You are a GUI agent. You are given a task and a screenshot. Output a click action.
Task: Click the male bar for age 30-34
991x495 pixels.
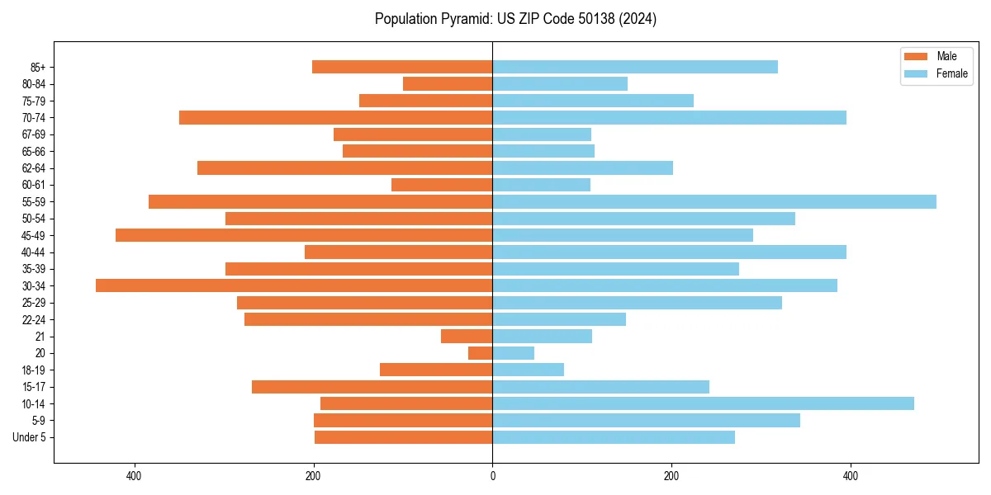pyautogui.click(x=294, y=285)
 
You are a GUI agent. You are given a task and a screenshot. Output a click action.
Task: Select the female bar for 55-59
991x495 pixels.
pyautogui.click(x=714, y=201)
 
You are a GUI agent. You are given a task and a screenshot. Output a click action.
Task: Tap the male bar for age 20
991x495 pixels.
pyautogui.click(x=481, y=353)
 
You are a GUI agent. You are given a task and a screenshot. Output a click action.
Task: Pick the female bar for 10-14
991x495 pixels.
pyautogui.click(x=703, y=403)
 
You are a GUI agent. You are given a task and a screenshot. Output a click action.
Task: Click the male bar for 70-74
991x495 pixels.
pyautogui.click(x=335, y=117)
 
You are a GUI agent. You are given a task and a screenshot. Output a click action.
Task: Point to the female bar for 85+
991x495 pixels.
pyautogui.click(x=635, y=67)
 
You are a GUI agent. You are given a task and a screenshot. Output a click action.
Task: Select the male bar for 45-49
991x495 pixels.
pyautogui.click(x=304, y=235)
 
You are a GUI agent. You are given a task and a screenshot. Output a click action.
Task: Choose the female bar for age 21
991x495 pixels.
pyautogui.click(x=542, y=336)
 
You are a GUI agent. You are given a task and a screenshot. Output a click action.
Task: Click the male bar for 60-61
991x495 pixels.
pyautogui.click(x=442, y=185)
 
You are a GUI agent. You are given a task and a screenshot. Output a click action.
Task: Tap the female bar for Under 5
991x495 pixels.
pyautogui.click(x=614, y=437)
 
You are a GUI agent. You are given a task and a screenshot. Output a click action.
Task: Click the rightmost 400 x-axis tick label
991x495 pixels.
pyautogui.click(x=850, y=476)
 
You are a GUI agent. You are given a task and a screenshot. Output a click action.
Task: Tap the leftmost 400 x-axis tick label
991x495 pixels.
pyautogui.click(x=135, y=476)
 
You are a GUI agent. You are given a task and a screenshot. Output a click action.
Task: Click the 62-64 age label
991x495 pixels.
pyautogui.click(x=34, y=168)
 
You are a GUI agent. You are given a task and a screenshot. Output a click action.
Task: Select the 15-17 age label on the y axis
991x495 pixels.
pyautogui.click(x=34, y=387)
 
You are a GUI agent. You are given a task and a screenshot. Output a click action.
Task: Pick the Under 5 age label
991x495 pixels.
pyautogui.click(x=29, y=437)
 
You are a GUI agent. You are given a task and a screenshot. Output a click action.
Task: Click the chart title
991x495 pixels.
pyautogui.click(x=515, y=19)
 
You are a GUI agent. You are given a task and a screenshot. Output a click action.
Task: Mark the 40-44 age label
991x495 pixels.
pyautogui.click(x=34, y=252)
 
